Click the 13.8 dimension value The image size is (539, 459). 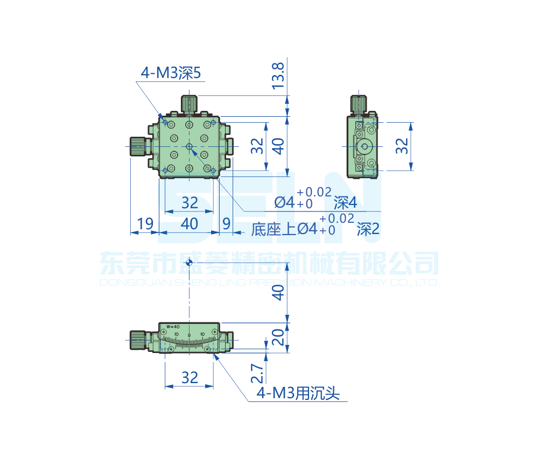[278, 76]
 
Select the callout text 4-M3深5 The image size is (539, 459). [171, 73]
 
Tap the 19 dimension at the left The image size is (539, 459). [145, 223]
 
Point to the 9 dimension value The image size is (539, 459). [226, 223]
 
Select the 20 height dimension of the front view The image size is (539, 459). [278, 337]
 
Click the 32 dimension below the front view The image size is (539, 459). [190, 378]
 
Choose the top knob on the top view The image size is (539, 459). [188, 104]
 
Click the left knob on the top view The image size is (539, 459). [138, 146]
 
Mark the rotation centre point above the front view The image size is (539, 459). [188, 263]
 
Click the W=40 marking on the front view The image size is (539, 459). [172, 327]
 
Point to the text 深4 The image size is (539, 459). [345, 203]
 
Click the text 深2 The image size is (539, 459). [368, 230]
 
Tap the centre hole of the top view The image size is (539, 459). [188, 146]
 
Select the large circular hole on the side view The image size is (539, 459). [366, 146]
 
